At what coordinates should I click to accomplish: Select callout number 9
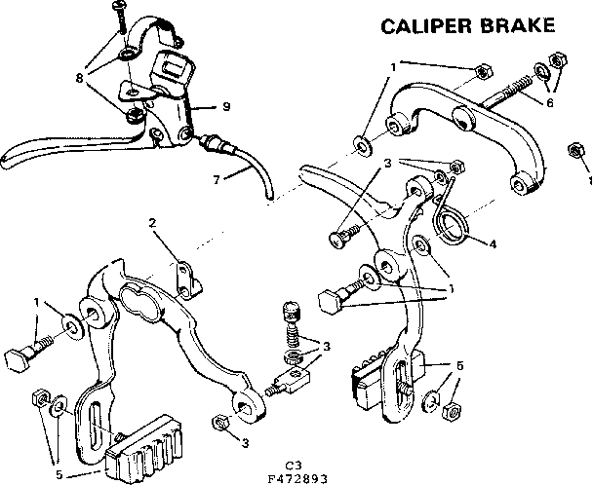(225, 106)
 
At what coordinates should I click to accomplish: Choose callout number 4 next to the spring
(492, 243)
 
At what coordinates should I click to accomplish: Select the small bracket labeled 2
(184, 278)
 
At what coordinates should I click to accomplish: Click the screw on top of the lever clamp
(120, 11)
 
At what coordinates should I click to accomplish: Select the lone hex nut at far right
(575, 151)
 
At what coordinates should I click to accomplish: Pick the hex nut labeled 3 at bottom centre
(220, 423)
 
